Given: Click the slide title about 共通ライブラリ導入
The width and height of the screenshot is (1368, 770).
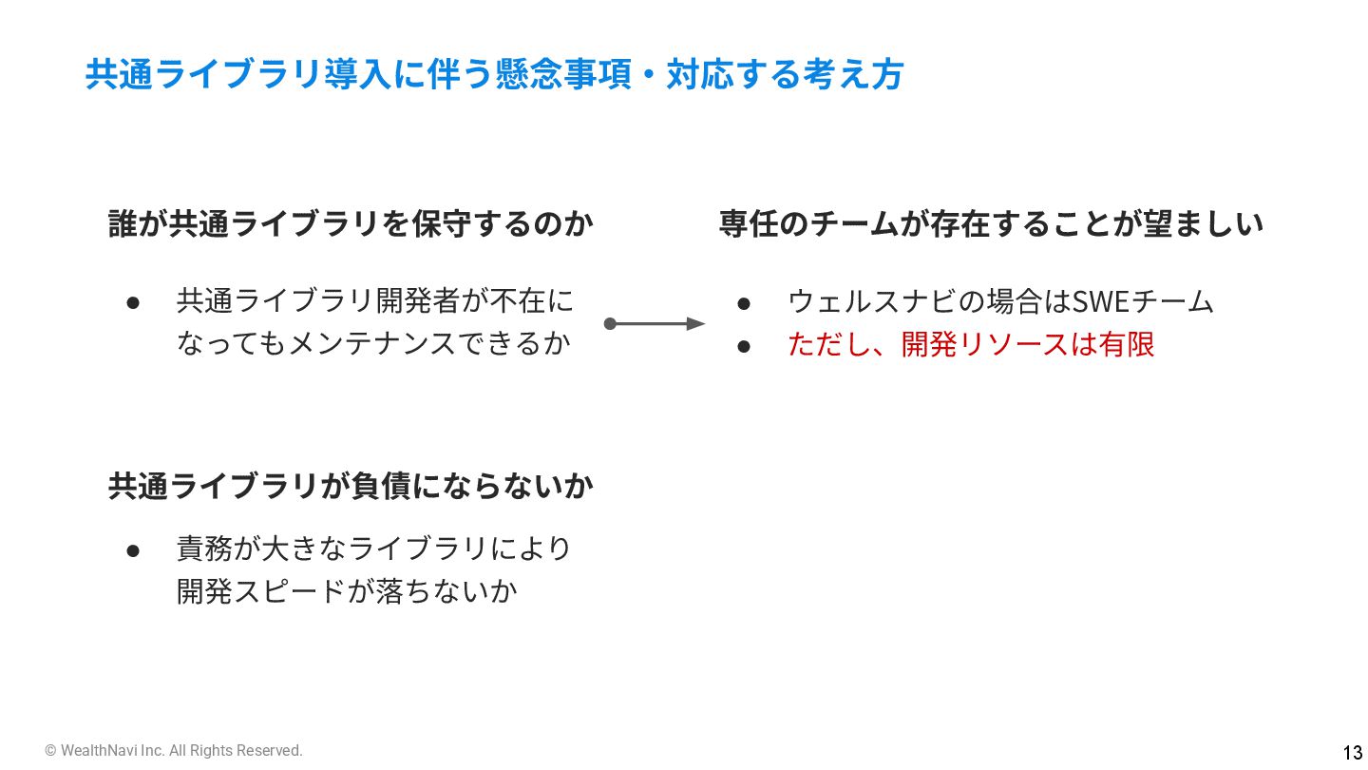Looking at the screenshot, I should (494, 74).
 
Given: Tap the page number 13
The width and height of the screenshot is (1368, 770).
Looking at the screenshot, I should (1352, 751).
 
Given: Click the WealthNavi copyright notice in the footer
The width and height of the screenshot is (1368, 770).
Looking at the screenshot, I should (174, 751).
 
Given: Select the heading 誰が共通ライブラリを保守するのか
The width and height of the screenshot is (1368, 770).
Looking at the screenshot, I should (351, 224).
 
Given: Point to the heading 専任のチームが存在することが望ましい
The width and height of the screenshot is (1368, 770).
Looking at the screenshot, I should (991, 224).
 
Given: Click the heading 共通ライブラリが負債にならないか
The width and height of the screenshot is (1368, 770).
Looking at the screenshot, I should (351, 486).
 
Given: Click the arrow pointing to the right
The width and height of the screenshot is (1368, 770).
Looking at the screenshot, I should (655, 324).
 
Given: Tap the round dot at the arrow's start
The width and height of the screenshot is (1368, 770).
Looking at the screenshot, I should (611, 324).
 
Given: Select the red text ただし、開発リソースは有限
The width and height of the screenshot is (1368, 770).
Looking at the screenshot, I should (971, 343).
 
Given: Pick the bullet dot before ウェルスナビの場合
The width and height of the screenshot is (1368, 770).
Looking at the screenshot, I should (745, 302).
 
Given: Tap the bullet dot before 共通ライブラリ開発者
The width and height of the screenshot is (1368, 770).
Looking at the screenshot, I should (134, 302).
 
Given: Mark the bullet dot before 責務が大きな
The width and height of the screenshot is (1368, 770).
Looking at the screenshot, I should (134, 549).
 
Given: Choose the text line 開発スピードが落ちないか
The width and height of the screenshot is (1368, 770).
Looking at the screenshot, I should (347, 590).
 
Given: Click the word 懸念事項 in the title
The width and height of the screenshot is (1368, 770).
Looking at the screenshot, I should (563, 74).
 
